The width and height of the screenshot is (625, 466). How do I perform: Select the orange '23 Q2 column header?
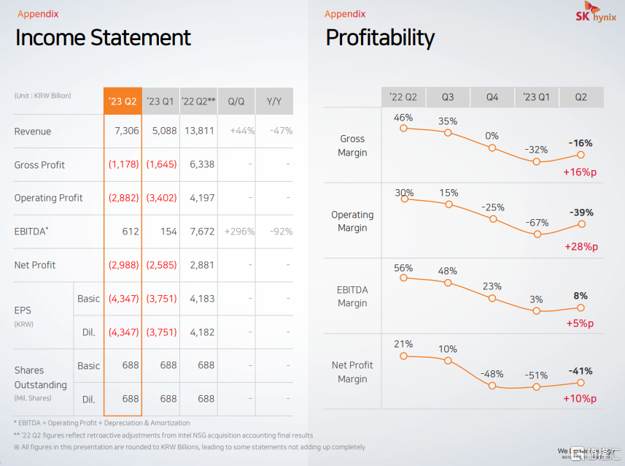123,102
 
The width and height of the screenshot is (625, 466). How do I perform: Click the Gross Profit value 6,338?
201,165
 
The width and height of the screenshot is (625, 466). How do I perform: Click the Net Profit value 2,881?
201,265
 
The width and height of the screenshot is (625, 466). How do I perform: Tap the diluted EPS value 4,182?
201,332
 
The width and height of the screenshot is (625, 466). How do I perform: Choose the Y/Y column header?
274,102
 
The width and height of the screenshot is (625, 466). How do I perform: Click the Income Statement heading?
103,38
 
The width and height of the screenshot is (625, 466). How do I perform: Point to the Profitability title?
380,38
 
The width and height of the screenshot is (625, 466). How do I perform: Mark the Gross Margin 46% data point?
403,129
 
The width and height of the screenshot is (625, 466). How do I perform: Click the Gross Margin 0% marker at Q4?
492,148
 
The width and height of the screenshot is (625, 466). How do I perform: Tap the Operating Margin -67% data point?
537,234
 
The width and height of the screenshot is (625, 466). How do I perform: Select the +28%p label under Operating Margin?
581,247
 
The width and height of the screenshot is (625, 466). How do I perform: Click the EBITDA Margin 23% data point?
492,298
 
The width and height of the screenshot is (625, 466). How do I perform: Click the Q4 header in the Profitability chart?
492,97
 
